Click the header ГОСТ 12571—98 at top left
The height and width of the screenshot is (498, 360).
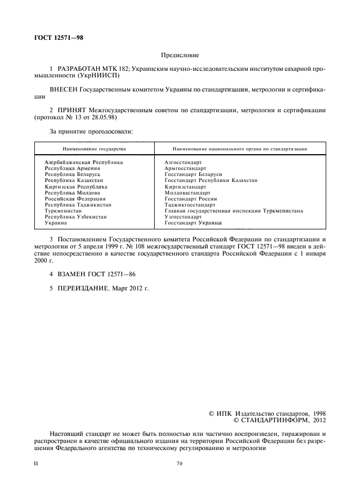(x=59, y=38)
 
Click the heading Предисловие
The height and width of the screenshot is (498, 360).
(x=180, y=56)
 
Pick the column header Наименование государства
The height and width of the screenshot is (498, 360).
(x=94, y=148)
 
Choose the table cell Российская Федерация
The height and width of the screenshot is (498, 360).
(x=75, y=198)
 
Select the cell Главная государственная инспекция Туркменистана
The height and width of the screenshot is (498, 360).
(x=233, y=210)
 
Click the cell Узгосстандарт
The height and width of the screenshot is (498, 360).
(x=183, y=216)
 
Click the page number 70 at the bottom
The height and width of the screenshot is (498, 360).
(x=179, y=463)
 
